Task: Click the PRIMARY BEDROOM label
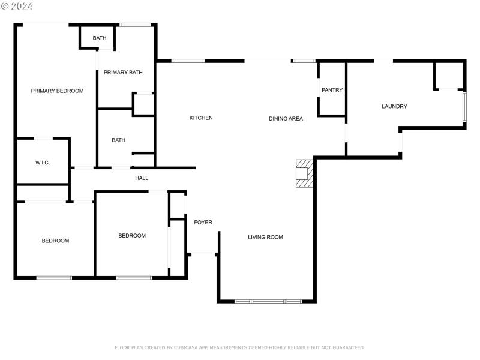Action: click(57, 91)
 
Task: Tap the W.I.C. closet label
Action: click(42, 163)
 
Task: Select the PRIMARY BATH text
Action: click(123, 73)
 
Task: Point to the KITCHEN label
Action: click(201, 118)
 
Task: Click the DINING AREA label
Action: click(286, 119)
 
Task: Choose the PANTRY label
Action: click(332, 91)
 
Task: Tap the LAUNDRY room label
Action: click(394, 107)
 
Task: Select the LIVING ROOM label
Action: click(265, 238)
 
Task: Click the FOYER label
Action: click(203, 223)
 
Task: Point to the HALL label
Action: click(142, 178)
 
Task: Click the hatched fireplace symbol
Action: click(304, 173)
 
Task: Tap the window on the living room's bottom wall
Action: click(268, 301)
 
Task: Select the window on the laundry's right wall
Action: click(464, 108)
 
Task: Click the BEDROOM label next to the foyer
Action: click(132, 236)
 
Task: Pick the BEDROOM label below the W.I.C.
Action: click(55, 241)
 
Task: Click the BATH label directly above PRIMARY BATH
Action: click(100, 38)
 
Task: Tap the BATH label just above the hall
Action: click(118, 140)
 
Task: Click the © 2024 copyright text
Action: click(17, 6)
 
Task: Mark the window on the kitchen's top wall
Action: click(188, 61)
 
